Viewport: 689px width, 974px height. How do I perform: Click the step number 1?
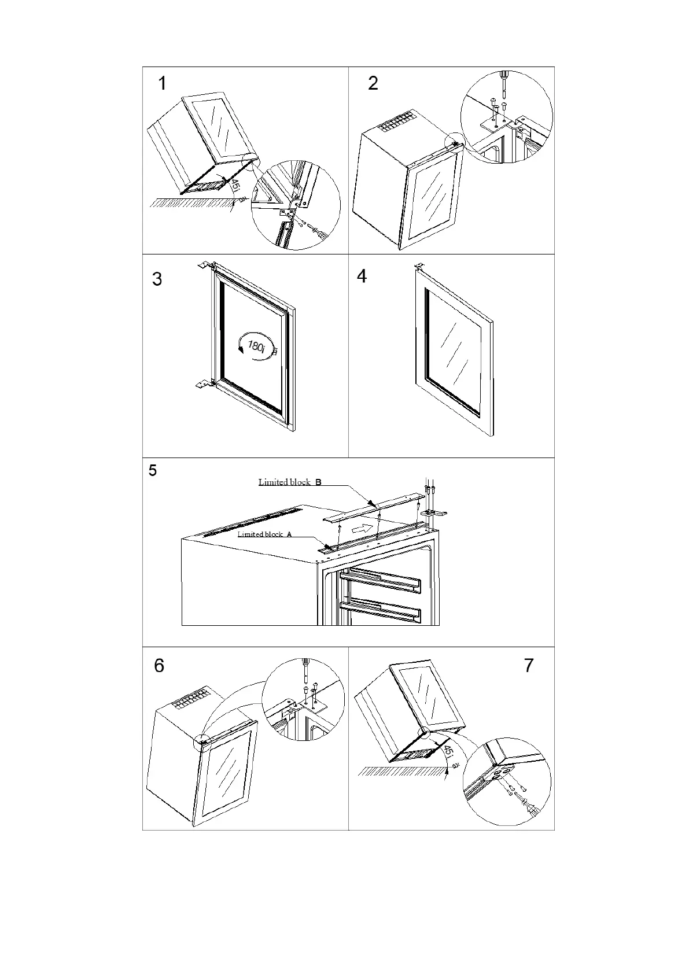pos(163,83)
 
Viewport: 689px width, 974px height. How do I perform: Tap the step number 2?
pos(373,83)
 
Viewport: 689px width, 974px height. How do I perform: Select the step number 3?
pos(157,279)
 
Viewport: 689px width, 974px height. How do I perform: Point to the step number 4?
pos(362,276)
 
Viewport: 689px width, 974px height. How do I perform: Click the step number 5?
pos(153,471)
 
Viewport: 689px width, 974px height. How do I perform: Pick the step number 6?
pos(159,666)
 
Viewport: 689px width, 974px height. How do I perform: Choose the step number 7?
pos(528,666)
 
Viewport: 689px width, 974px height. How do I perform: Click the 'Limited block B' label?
pos(290,482)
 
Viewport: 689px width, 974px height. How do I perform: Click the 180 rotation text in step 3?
pos(257,346)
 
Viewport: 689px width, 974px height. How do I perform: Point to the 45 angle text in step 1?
pos(235,187)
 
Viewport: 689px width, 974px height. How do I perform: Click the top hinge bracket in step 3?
pos(205,265)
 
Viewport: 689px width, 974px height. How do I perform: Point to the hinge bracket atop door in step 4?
pos(419,267)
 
